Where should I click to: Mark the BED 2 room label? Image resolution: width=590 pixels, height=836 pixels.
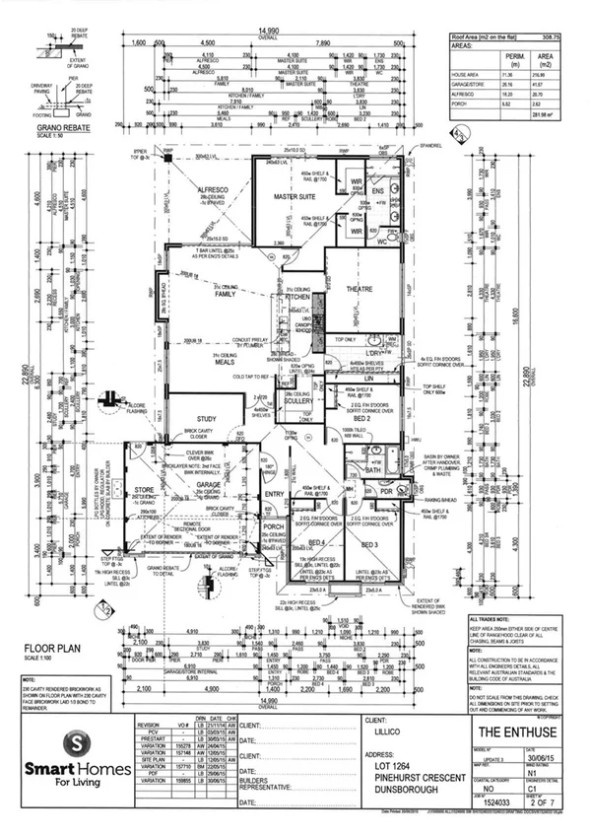click(360, 405)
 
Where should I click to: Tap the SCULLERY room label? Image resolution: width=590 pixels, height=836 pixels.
click(296, 402)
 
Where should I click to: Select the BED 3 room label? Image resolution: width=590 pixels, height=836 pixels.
click(370, 543)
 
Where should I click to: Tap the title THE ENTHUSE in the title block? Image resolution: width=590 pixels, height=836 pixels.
click(506, 732)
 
